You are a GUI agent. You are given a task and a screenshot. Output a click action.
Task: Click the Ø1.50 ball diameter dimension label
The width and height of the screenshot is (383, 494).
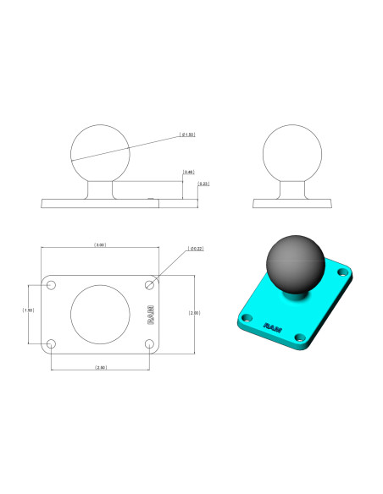pyautogui.click(x=188, y=134)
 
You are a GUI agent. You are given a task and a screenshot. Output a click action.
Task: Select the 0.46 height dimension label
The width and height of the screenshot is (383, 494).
pyautogui.click(x=189, y=173)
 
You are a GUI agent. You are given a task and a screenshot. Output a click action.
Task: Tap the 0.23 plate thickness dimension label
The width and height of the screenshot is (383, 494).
pyautogui.click(x=203, y=184)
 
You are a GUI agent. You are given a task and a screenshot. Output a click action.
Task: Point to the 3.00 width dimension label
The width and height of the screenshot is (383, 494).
pyautogui.click(x=100, y=244)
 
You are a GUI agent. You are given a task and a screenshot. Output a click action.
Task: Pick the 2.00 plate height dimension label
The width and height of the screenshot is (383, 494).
pyautogui.click(x=195, y=313)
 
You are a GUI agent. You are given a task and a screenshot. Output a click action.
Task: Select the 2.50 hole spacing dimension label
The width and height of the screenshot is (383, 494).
pyautogui.click(x=100, y=368)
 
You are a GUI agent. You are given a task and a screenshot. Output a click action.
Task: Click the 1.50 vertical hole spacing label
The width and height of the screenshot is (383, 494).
pyautogui.click(x=29, y=310)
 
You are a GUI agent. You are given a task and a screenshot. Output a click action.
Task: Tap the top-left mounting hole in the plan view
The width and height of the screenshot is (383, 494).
pyautogui.click(x=51, y=284)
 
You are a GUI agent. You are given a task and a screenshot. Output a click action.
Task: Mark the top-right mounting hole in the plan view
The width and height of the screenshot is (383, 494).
pyautogui.click(x=150, y=284)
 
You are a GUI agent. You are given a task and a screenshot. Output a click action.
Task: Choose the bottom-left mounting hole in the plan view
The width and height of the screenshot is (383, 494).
pyautogui.click(x=51, y=343)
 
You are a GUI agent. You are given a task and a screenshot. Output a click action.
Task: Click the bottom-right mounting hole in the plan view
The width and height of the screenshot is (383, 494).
pyautogui.click(x=150, y=343)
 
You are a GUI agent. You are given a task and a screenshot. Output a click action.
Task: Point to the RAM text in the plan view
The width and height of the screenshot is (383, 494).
pyautogui.click(x=151, y=314)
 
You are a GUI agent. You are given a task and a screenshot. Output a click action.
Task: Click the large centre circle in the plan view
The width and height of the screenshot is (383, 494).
pyautogui.click(x=100, y=314)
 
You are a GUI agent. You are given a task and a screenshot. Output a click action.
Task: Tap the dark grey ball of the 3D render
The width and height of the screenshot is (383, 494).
pyautogui.click(x=294, y=264)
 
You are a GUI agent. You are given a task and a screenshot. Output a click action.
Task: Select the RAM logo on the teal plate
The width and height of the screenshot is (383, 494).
pyautogui.click(x=273, y=326)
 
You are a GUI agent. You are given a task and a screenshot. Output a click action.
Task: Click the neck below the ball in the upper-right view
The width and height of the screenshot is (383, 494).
pyautogui.click(x=293, y=190)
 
